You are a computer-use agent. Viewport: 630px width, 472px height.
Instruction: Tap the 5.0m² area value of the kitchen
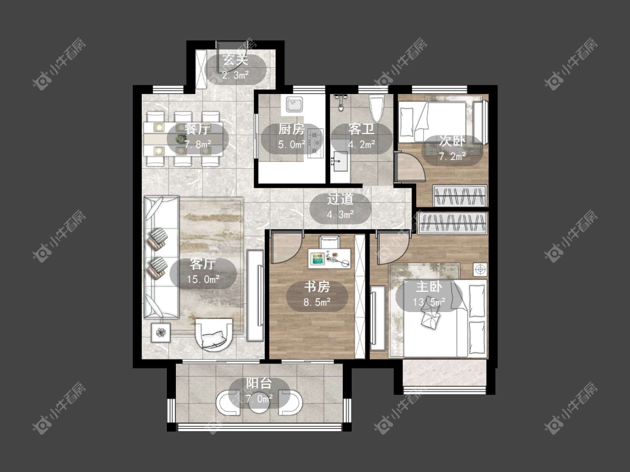(x=291, y=144)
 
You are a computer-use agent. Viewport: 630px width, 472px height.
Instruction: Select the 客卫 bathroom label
(x=361, y=129)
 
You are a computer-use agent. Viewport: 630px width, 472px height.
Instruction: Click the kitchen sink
(x=295, y=105)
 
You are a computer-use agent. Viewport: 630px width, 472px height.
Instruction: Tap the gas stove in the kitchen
(x=315, y=143)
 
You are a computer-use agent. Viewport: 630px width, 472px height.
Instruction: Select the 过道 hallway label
(x=340, y=199)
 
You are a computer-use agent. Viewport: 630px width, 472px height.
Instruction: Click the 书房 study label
(x=317, y=287)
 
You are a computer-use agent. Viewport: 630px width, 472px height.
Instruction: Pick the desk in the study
(x=329, y=258)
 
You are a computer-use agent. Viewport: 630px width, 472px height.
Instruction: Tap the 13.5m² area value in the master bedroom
(x=429, y=302)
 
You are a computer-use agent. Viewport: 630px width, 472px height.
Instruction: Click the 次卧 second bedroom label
(x=452, y=141)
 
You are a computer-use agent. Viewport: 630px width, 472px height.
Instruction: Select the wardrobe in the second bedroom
(x=460, y=196)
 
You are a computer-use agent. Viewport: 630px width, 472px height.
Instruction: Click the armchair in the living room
(x=214, y=334)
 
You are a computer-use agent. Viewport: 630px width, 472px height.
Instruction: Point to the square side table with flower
(x=161, y=332)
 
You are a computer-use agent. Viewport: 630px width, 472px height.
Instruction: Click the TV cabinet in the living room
(x=255, y=295)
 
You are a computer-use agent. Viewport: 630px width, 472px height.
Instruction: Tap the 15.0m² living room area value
(x=203, y=280)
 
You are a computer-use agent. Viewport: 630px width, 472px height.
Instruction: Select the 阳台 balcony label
(x=259, y=383)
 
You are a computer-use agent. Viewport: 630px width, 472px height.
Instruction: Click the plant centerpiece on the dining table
(x=181, y=139)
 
